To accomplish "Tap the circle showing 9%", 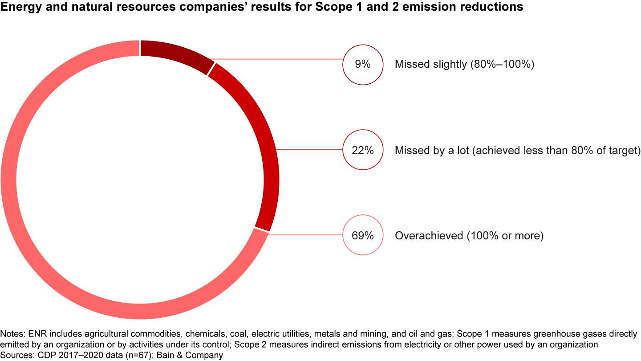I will [x=363, y=64].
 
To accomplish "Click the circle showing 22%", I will [x=363, y=150].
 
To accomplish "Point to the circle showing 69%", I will [x=363, y=235].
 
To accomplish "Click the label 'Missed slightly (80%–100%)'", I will [x=464, y=64].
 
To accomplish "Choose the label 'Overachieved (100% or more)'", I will [x=469, y=236].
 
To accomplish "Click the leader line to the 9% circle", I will [x=276, y=58].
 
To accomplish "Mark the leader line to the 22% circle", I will [x=309, y=150].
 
